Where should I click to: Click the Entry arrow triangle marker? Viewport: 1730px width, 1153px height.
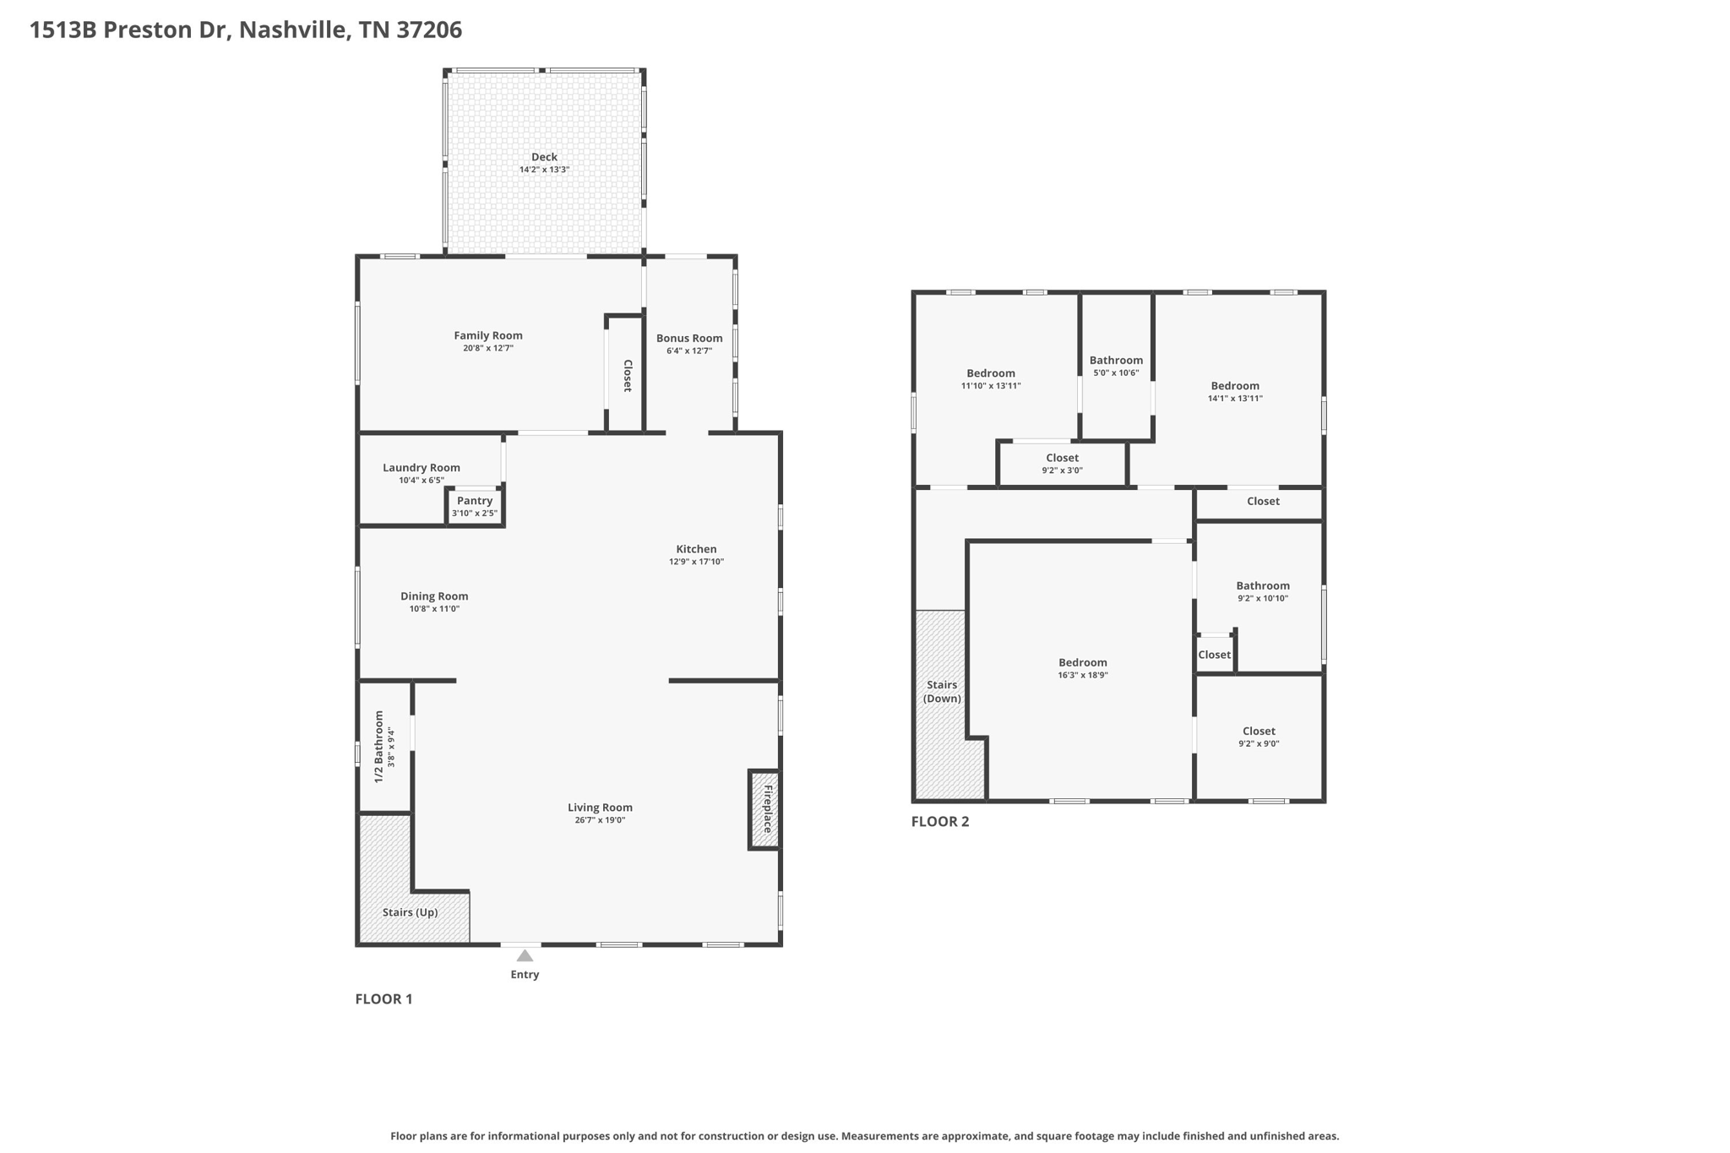pyautogui.click(x=525, y=955)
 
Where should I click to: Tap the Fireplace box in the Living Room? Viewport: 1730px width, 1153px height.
pyautogui.click(x=764, y=809)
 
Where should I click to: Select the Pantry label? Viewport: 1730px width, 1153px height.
pyautogui.click(x=475, y=501)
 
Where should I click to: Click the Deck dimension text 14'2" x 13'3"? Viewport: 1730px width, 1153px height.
pyautogui.click(x=544, y=170)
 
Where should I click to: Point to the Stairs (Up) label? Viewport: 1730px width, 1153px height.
pyautogui.click(x=410, y=912)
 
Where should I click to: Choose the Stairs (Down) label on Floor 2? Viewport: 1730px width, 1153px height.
pyautogui.click(x=942, y=691)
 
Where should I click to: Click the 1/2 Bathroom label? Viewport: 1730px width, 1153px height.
pyautogui.click(x=379, y=746)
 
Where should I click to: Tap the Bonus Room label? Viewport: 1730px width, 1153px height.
pyautogui.click(x=689, y=338)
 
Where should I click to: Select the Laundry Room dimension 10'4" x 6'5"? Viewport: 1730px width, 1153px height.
pyautogui.click(x=421, y=480)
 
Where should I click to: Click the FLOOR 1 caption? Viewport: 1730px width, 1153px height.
pyautogui.click(x=384, y=998)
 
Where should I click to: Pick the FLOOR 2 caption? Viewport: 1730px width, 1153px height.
pyautogui.click(x=940, y=821)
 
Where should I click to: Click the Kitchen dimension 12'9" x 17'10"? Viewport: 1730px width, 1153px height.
pyautogui.click(x=696, y=562)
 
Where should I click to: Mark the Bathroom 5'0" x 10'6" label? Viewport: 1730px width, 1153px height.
pyautogui.click(x=1116, y=360)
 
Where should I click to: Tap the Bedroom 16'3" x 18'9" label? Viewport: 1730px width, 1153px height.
pyautogui.click(x=1082, y=662)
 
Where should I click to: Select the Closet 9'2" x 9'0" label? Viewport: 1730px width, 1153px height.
pyautogui.click(x=1259, y=732)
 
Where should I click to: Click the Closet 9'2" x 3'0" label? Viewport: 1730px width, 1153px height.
pyautogui.click(x=1062, y=458)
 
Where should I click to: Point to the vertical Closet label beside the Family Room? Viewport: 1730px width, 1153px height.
pyautogui.click(x=628, y=375)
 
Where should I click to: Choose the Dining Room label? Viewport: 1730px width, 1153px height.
pyautogui.click(x=434, y=596)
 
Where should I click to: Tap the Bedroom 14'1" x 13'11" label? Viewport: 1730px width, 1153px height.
pyautogui.click(x=1235, y=386)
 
